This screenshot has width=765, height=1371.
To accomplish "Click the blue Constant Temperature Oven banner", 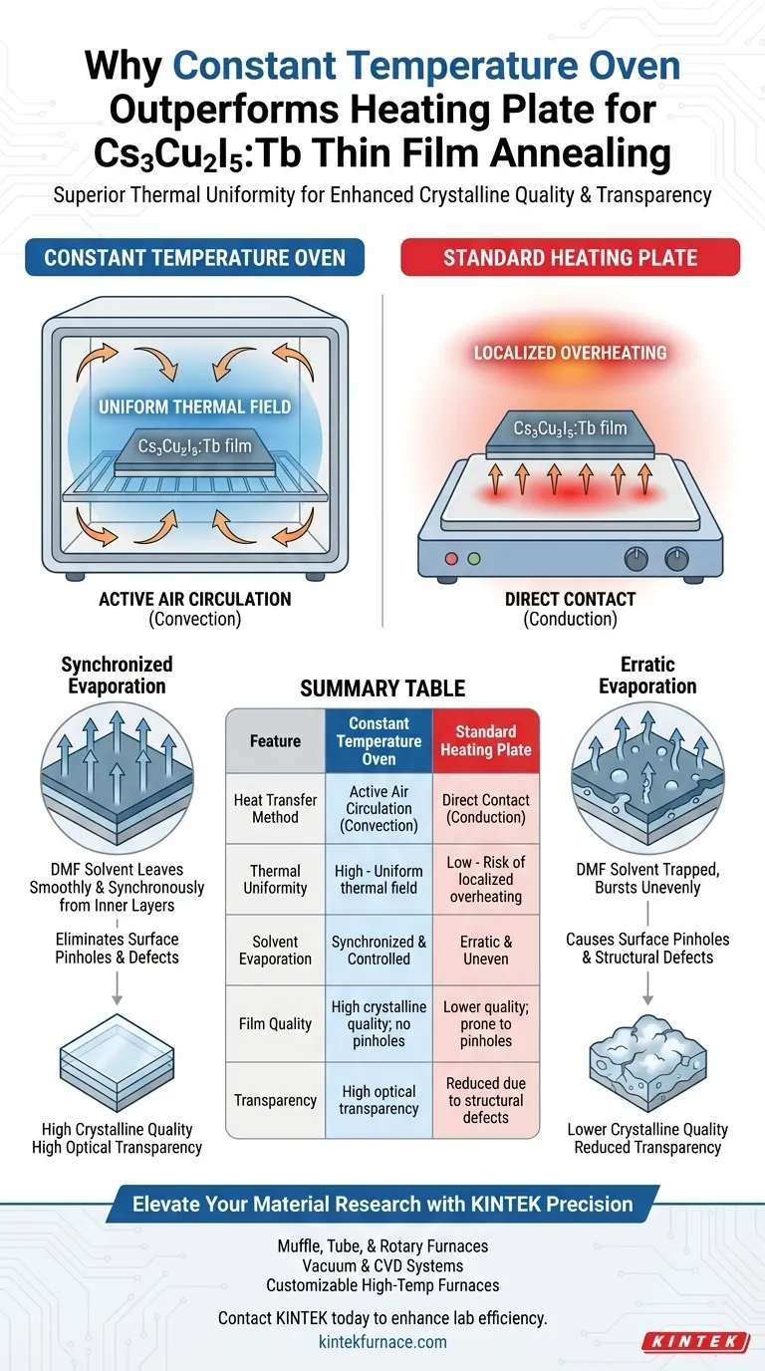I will click(195, 258).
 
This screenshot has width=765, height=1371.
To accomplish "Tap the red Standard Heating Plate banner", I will click(570, 258).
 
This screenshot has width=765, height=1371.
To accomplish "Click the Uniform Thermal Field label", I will click(194, 407).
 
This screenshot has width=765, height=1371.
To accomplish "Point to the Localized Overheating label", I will click(571, 353).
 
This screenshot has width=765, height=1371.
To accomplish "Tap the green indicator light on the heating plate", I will click(474, 559).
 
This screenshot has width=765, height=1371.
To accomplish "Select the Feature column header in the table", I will click(275, 741).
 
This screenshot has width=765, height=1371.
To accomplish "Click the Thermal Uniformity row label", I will click(275, 879).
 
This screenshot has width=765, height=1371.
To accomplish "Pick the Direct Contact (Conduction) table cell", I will click(486, 808).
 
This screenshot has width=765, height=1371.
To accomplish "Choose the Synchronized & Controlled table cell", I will click(379, 950).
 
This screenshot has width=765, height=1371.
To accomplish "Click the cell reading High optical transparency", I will click(379, 1100).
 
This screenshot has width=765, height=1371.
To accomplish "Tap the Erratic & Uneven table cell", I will click(486, 950).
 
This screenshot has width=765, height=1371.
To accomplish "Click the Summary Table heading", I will click(382, 688).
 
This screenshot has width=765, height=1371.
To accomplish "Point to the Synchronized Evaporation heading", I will click(117, 675).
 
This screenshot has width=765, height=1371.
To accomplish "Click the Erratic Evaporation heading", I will click(647, 675).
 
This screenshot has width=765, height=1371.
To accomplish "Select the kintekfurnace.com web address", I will click(382, 1342).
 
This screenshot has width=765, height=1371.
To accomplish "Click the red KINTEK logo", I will click(695, 1342).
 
